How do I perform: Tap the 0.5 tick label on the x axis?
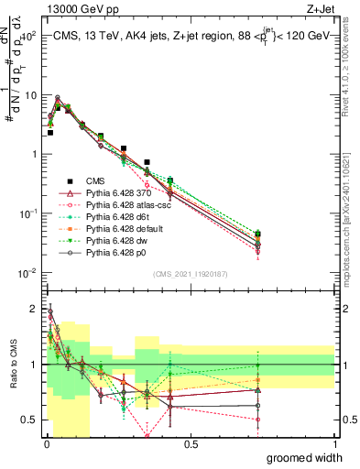coord(191,444)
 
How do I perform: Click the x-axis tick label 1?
coord(334,444)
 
